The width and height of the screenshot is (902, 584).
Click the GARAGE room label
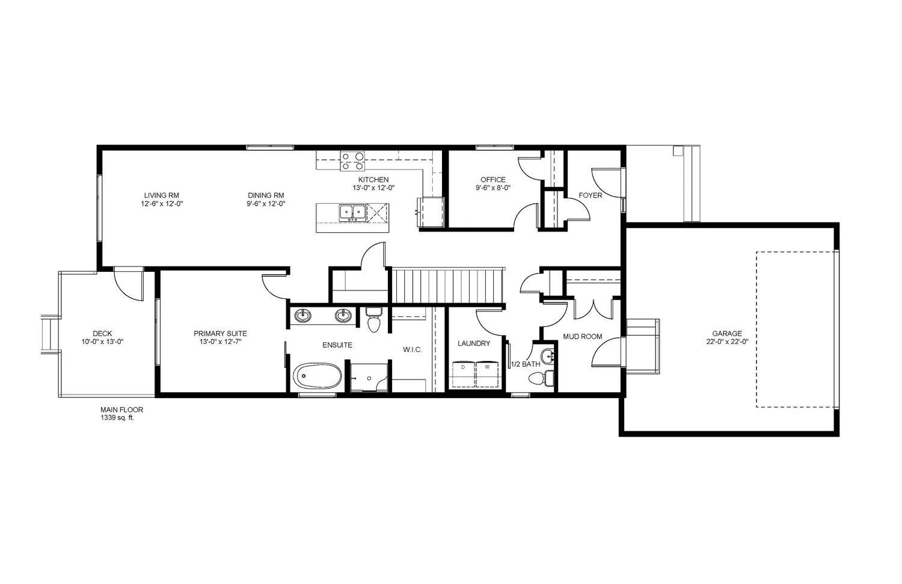point(726,333)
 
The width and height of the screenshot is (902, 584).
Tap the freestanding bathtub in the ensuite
point(318,377)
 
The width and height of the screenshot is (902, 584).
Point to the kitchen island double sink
point(352,212)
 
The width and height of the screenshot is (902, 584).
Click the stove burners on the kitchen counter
point(352,160)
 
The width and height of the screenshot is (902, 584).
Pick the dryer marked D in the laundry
point(463,373)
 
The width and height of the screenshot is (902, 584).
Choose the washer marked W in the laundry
point(487,373)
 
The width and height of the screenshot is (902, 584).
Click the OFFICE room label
point(492,179)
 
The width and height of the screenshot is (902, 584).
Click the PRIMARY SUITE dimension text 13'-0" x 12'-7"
point(220,342)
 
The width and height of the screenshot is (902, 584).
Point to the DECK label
point(102,334)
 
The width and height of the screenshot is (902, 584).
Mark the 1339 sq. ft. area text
point(117,417)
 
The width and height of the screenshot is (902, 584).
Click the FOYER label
point(590,195)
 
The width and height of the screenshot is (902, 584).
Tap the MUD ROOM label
point(582,337)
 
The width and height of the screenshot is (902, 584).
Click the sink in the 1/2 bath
point(547,354)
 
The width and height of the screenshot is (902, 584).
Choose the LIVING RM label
point(161,195)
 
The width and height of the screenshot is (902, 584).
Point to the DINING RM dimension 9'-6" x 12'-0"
point(266,203)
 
